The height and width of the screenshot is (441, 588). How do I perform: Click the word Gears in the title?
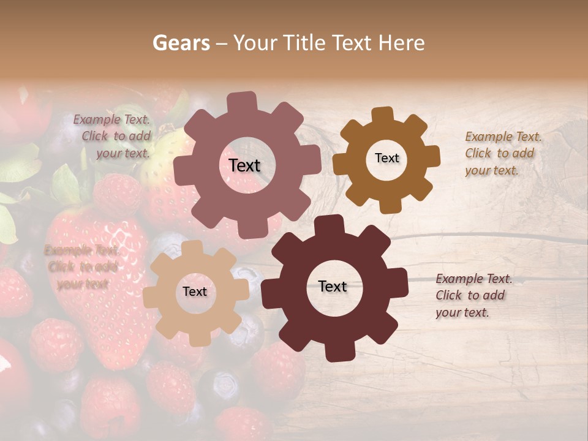pos(181,43)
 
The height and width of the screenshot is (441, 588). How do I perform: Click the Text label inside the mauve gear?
pos(244,165)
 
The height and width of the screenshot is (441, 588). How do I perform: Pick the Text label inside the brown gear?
pos(386,158)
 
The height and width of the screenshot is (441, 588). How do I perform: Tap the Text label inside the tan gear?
pos(195,292)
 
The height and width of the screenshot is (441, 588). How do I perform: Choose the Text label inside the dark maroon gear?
pos(333,287)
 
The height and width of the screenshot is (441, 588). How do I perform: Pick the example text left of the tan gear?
pos(81,267)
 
